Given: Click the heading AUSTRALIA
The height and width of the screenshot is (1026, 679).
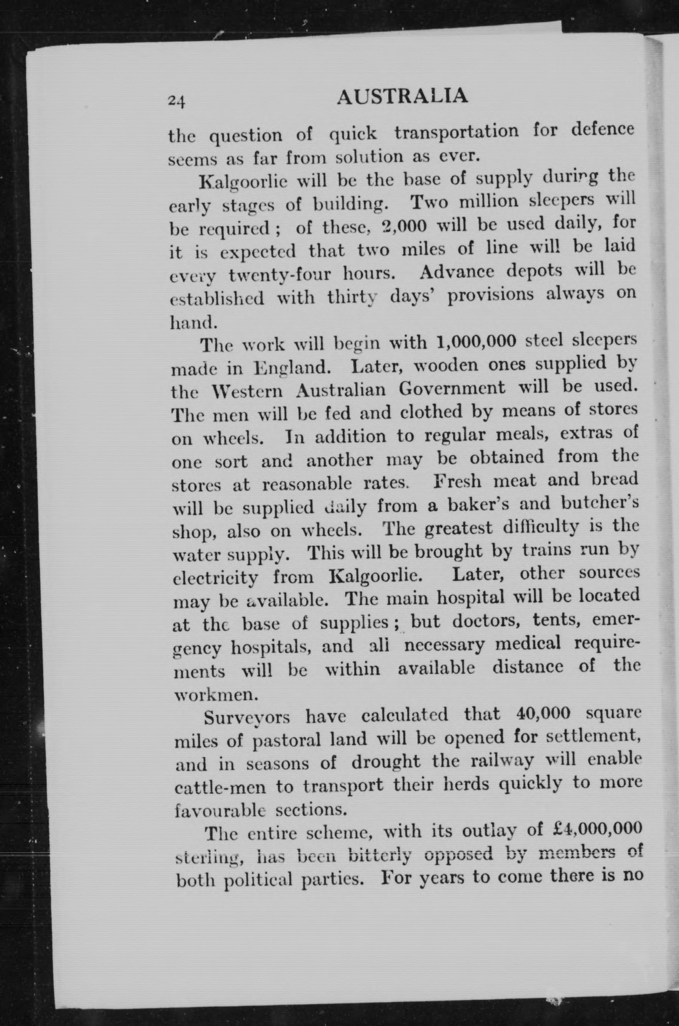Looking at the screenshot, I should [402, 96].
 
